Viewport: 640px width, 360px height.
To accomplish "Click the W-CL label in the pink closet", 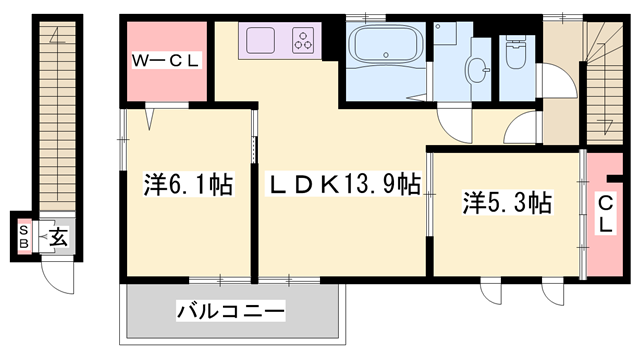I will [x=166, y=62].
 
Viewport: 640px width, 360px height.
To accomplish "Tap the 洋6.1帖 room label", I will [x=189, y=185].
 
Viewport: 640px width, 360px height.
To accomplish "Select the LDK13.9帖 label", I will [x=341, y=185].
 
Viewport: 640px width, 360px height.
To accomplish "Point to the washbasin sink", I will [x=479, y=69].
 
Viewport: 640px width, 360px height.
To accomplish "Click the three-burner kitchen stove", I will [x=304, y=41].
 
